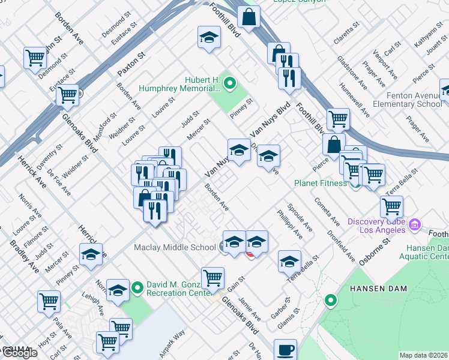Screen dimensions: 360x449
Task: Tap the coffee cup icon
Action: click(x=285, y=349)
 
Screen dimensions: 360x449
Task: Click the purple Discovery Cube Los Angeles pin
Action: click(x=414, y=225)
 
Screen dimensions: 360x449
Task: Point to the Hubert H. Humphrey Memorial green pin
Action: click(x=230, y=83)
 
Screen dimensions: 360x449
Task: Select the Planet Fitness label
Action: click(x=321, y=183)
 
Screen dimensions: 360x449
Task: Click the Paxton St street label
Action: click(x=131, y=64)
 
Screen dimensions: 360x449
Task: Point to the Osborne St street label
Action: click(x=375, y=251)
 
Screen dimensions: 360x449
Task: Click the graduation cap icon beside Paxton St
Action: click(x=209, y=38)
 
